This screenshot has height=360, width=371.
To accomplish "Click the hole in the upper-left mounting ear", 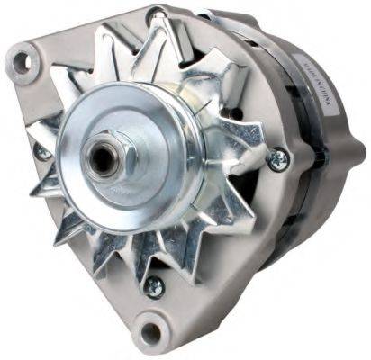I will (x=20, y=60).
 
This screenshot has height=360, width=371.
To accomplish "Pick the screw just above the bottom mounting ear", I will (x=154, y=287).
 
